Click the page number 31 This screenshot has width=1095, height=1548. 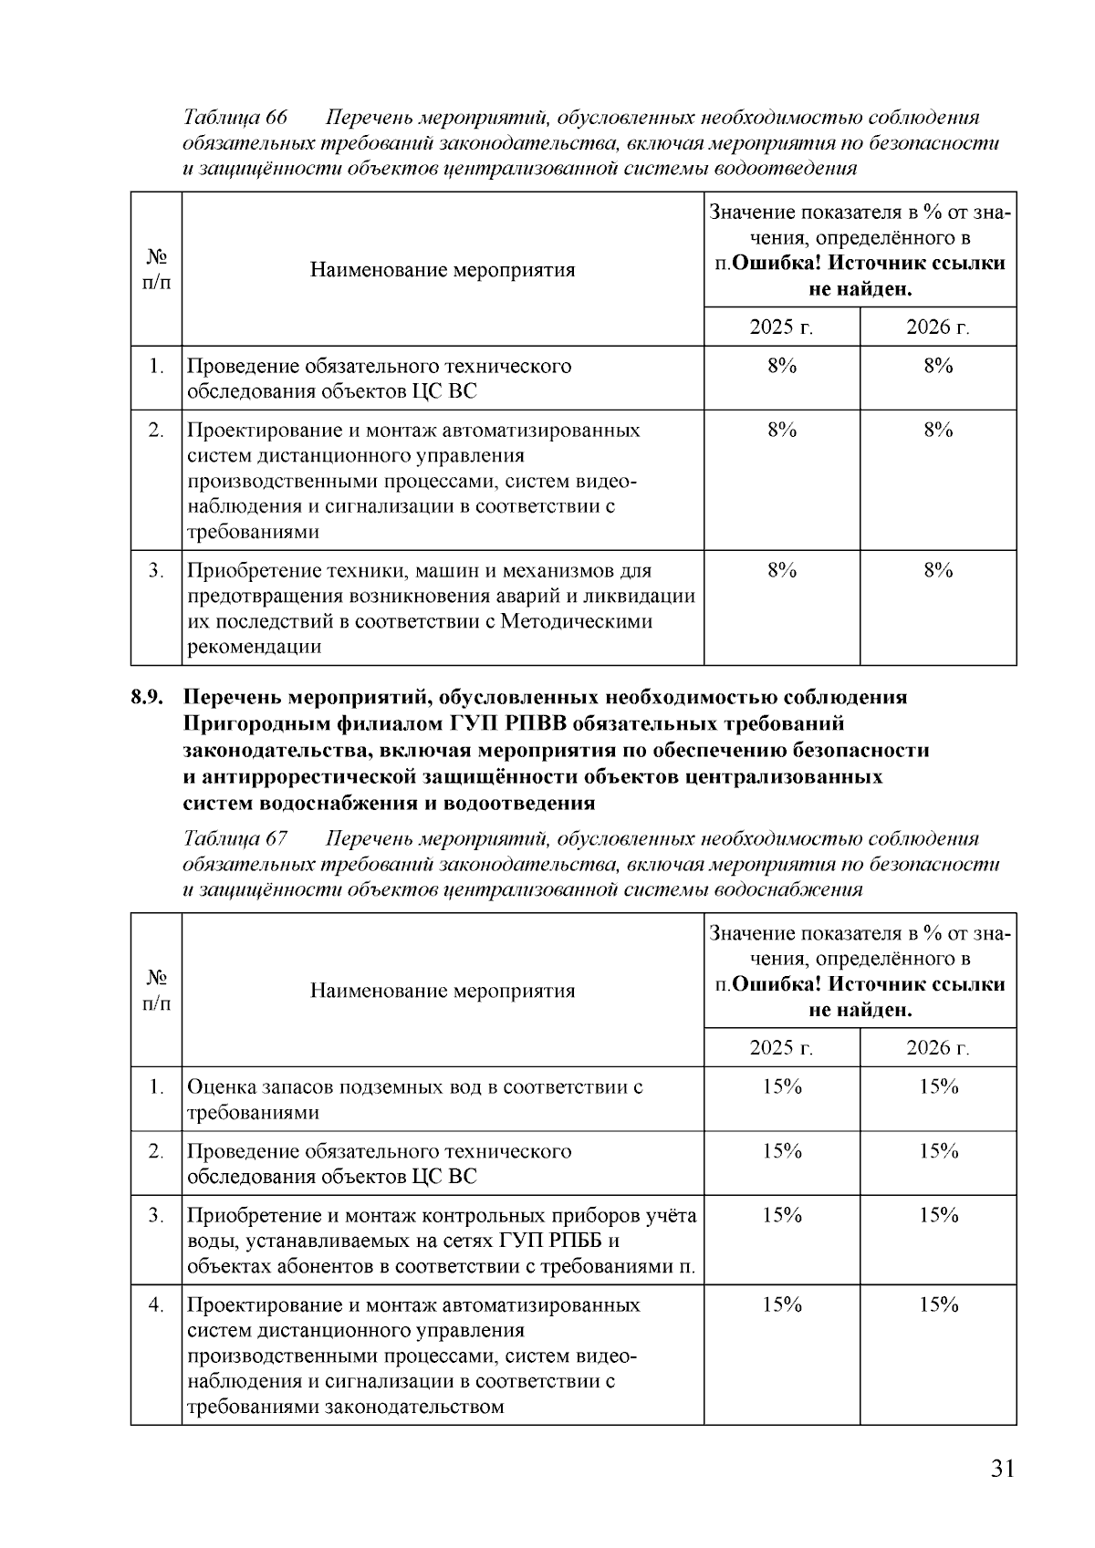point(1001,1469)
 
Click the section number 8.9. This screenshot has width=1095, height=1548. point(147,698)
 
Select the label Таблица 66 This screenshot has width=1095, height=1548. point(235,119)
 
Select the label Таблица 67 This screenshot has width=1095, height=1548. point(235,839)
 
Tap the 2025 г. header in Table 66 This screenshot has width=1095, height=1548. point(781,327)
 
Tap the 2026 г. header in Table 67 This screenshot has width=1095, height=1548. point(937,1048)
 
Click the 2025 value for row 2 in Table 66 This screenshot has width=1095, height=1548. point(781,431)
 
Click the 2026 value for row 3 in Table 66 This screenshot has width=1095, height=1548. point(937,571)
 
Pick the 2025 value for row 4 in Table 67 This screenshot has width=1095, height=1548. point(781,1305)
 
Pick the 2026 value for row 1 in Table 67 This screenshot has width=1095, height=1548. point(937,1087)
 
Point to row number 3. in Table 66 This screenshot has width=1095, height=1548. point(156,571)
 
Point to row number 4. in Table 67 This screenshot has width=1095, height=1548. point(156,1305)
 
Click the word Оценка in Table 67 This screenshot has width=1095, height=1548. point(220,1087)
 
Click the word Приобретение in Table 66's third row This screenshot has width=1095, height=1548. point(250,571)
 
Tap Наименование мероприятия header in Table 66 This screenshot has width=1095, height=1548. point(443,270)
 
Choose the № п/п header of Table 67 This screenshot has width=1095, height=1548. point(156,991)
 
